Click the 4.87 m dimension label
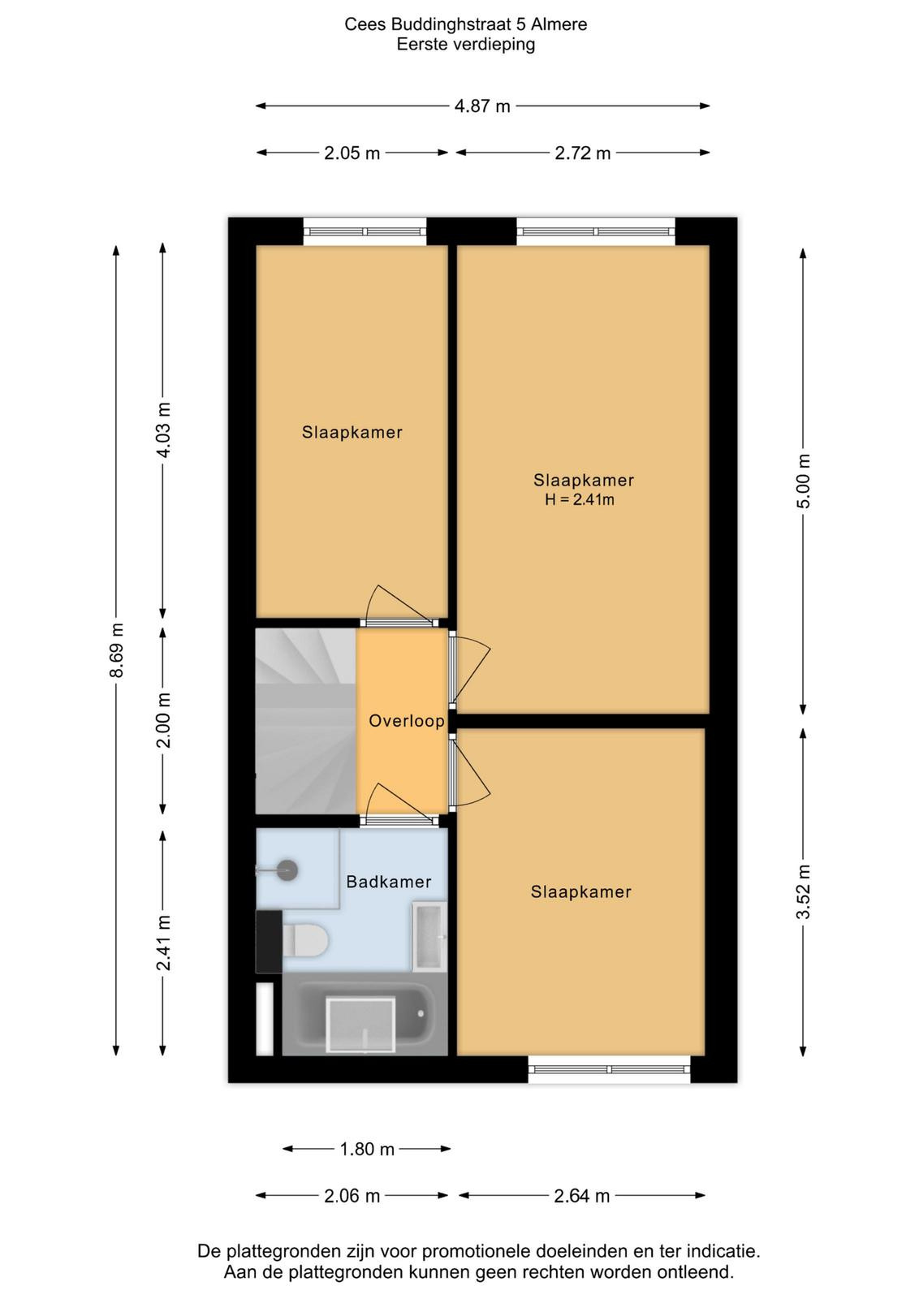(481, 106)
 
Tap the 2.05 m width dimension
(352, 153)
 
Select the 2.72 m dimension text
(582, 153)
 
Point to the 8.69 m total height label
(117, 649)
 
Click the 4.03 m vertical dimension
(163, 429)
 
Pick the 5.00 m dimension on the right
(803, 481)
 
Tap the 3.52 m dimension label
(803, 891)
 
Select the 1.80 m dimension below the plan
(366, 1149)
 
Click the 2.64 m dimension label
(581, 1196)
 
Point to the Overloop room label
(407, 721)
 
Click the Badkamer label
(389, 882)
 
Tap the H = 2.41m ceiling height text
(579, 500)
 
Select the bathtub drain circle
(421, 1014)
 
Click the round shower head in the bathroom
(287, 870)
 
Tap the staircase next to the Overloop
(305, 721)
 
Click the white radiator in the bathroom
(265, 1018)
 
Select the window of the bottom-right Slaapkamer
(609, 1068)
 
